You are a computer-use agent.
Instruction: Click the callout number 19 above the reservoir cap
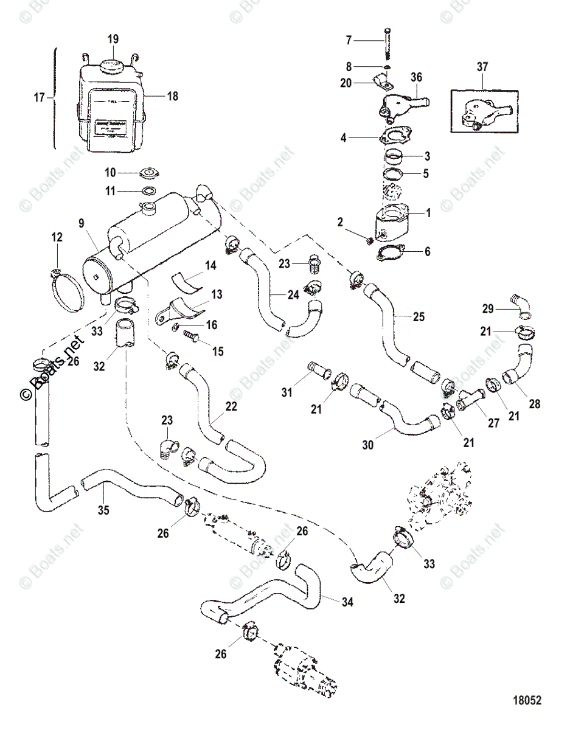[x=114, y=40]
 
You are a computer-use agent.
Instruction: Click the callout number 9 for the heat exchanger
[x=81, y=223]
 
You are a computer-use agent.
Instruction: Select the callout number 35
[x=104, y=510]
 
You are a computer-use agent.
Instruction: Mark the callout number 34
[x=331, y=601]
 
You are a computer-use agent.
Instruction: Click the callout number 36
[x=417, y=77]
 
